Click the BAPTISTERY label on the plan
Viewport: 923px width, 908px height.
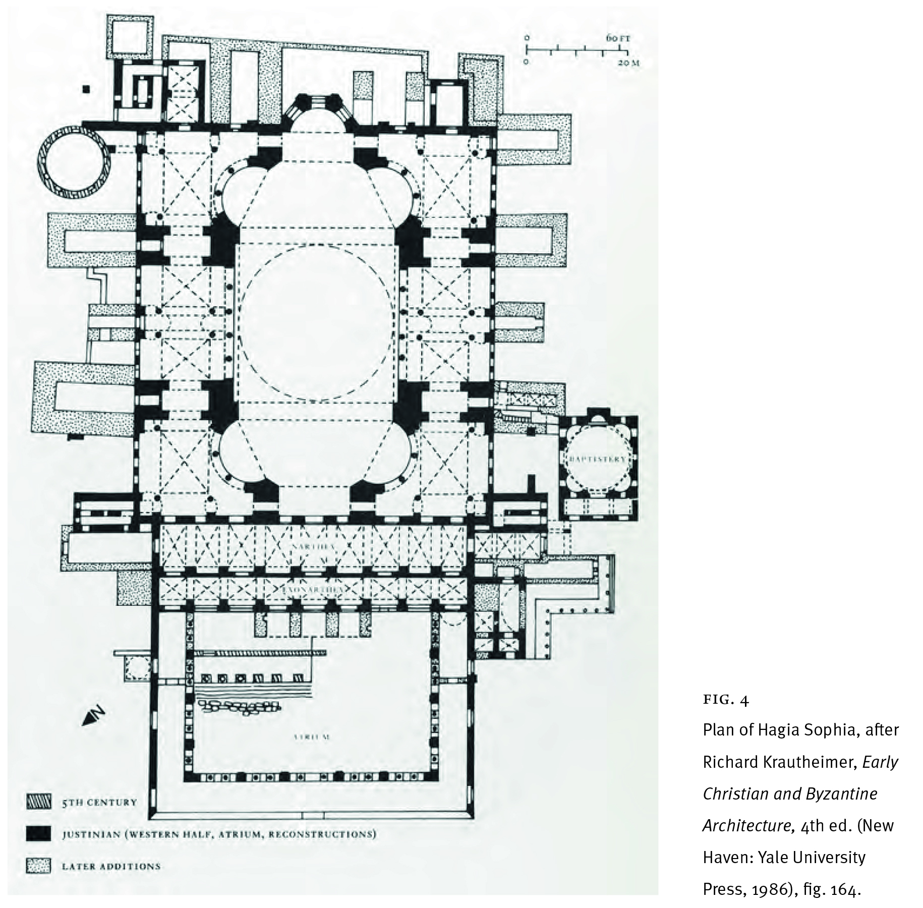click(597, 459)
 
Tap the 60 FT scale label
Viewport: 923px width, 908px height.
click(618, 38)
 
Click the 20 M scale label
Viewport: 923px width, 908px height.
click(628, 63)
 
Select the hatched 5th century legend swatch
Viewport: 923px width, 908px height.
click(38, 802)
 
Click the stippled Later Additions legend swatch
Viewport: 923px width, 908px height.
click(38, 866)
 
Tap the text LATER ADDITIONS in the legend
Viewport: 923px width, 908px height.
click(111, 866)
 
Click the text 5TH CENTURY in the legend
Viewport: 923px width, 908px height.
click(99, 802)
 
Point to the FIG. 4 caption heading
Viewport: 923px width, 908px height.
click(726, 700)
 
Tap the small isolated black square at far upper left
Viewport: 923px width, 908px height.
click(87, 89)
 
